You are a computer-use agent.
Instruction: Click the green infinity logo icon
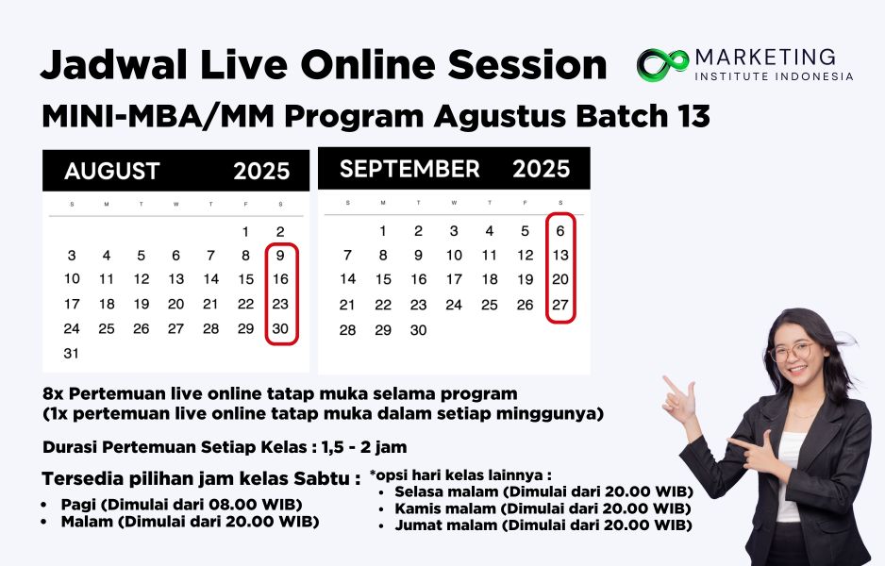(x=662, y=65)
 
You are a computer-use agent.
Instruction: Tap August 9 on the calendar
(x=280, y=256)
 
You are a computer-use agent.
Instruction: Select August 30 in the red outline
(x=280, y=328)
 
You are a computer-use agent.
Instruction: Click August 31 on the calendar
(x=71, y=353)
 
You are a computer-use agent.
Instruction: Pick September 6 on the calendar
(x=559, y=231)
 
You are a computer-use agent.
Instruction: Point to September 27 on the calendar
(x=559, y=305)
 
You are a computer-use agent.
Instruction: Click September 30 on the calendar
(x=418, y=330)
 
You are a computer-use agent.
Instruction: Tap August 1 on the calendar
(x=245, y=231)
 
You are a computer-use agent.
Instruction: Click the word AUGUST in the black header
(x=112, y=171)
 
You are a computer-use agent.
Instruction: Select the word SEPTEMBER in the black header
(x=409, y=169)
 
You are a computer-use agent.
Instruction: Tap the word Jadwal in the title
(x=113, y=65)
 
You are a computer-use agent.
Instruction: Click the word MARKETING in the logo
(x=765, y=57)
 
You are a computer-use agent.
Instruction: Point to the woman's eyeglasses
(x=793, y=352)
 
